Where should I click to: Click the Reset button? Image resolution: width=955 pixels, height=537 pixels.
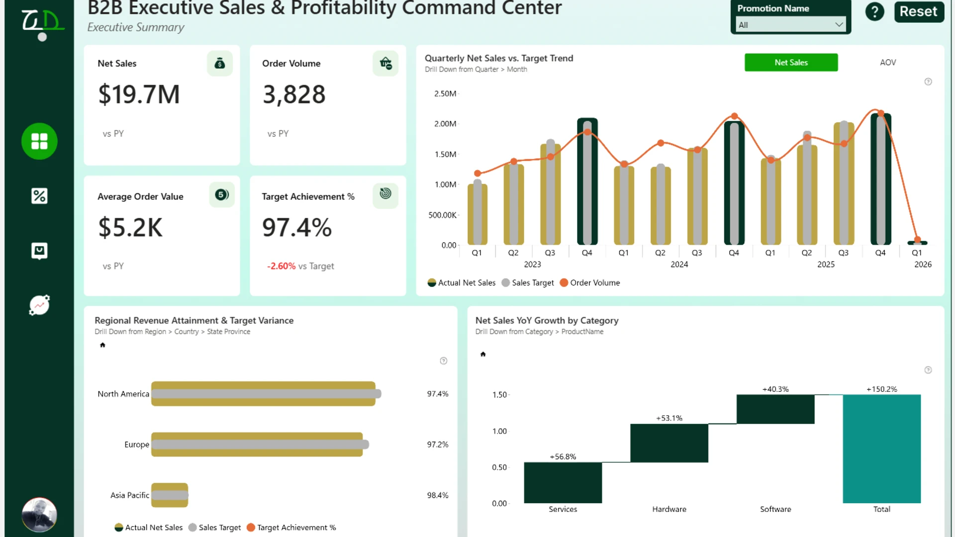[x=919, y=11]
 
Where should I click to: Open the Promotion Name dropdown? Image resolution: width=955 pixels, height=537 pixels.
[x=790, y=24]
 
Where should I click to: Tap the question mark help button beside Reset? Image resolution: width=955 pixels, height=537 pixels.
[x=874, y=11]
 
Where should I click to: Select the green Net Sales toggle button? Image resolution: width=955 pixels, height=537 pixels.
[x=791, y=62]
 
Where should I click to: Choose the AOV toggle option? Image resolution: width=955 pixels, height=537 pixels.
[x=888, y=62]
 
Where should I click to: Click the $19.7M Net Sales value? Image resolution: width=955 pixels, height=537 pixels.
[x=139, y=94]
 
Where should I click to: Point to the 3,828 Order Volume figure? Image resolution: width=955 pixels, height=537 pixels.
[x=294, y=94]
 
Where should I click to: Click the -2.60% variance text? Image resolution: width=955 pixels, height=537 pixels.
[x=281, y=266]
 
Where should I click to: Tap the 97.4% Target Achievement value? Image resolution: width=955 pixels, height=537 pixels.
[x=297, y=227]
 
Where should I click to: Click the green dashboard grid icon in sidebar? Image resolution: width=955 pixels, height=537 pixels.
[x=39, y=141]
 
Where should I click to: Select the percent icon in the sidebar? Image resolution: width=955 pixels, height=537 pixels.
[x=39, y=196]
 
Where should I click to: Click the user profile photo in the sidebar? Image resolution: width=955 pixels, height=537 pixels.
[x=39, y=515]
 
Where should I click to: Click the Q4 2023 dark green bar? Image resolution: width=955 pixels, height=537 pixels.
[x=587, y=181]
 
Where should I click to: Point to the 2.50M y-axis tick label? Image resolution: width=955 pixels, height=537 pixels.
[x=445, y=93]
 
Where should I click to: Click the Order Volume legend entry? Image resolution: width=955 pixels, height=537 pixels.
[x=590, y=282]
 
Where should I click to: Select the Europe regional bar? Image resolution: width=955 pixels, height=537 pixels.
[x=257, y=445]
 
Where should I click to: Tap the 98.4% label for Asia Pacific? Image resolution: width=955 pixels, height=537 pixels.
[x=438, y=495]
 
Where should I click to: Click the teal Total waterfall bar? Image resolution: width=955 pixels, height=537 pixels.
[x=881, y=448]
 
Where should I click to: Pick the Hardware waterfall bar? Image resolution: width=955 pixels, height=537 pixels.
[x=669, y=443]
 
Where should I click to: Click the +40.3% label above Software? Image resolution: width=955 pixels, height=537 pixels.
[x=775, y=389]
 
